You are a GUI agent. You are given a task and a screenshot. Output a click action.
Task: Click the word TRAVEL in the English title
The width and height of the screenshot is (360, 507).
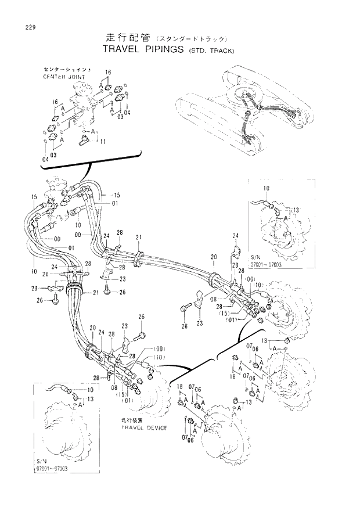click(x=121, y=50)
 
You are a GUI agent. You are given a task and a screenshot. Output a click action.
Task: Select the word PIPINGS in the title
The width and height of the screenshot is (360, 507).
click(x=163, y=50)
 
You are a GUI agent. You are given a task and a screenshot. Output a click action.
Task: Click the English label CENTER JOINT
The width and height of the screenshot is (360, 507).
click(x=64, y=77)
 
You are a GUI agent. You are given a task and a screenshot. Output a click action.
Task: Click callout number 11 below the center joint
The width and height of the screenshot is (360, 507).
click(x=103, y=142)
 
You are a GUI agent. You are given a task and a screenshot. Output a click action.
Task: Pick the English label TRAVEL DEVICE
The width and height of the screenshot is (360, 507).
click(x=144, y=428)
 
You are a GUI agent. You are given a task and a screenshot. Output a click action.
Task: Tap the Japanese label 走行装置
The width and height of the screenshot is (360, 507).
click(x=132, y=419)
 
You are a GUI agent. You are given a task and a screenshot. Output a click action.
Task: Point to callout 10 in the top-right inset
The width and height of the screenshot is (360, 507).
click(x=267, y=189)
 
